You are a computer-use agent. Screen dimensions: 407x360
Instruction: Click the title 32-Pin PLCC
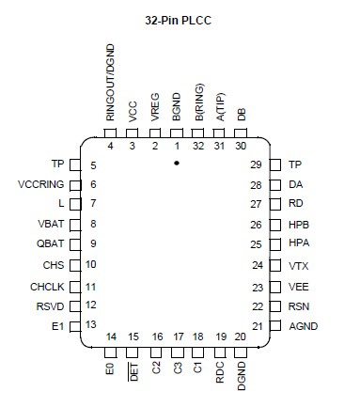179,20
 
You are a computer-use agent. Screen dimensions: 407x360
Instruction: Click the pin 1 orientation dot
176,162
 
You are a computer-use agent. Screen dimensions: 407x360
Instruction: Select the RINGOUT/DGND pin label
110,86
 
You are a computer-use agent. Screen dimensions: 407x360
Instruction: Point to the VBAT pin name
55,225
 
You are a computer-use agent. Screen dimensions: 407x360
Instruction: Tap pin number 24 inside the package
257,265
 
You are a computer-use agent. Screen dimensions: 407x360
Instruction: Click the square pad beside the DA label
275,184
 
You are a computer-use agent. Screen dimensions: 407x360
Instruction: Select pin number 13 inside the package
90,324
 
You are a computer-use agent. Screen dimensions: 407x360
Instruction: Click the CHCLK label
49,286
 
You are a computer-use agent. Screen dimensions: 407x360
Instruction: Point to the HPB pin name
299,225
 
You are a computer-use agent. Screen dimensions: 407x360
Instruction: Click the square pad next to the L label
76,204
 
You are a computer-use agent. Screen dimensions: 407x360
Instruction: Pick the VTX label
299,265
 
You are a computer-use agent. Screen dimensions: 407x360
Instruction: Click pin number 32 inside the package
197,146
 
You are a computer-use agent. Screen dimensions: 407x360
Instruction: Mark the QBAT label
54,244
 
